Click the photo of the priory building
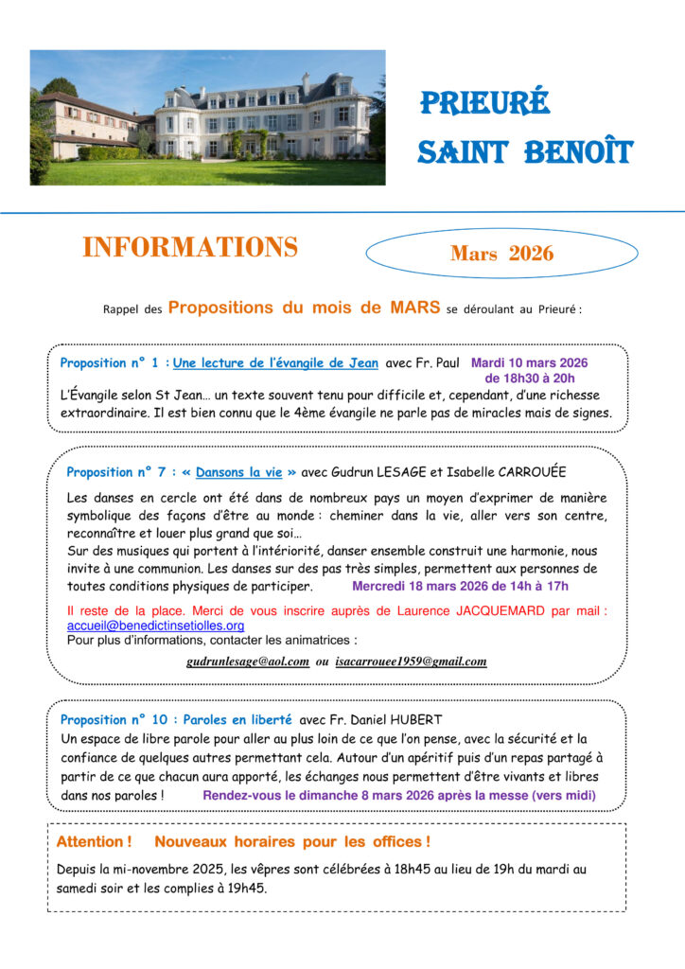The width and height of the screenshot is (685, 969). pyautogui.click(x=207, y=117)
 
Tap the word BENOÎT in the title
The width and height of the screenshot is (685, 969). pyautogui.click(x=579, y=151)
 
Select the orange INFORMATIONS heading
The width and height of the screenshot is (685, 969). pyautogui.click(x=190, y=248)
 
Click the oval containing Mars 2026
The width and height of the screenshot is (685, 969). pyautogui.click(x=502, y=253)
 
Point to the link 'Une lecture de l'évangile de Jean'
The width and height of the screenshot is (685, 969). pyautogui.click(x=275, y=362)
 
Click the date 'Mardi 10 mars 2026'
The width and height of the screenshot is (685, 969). pyautogui.click(x=529, y=362)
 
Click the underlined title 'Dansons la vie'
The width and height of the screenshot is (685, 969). pyautogui.click(x=239, y=472)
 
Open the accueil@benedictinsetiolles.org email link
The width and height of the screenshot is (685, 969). pyautogui.click(x=155, y=625)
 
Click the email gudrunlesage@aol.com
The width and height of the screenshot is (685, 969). pyautogui.click(x=248, y=661)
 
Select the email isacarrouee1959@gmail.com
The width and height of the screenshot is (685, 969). pyautogui.click(x=411, y=661)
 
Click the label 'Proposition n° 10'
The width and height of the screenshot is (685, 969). pyautogui.click(x=114, y=719)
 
